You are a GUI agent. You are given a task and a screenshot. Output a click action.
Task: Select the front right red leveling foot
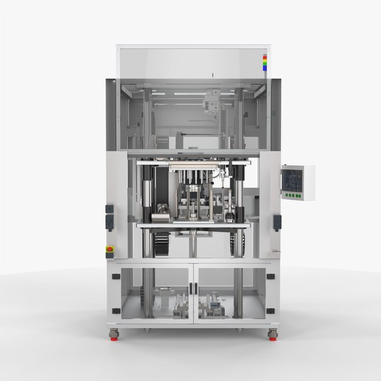pos(273,335)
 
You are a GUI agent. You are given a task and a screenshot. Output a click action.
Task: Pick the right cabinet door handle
pos(198,288)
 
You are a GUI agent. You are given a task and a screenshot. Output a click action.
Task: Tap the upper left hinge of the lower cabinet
pos(116,276)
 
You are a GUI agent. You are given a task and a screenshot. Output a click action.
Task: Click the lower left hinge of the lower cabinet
pos(116,311)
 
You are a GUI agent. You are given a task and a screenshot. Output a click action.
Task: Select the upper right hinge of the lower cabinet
pos(271,276)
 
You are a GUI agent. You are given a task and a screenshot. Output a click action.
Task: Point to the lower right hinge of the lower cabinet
pos(271,311)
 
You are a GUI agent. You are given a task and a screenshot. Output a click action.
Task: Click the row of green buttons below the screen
pos(293,196)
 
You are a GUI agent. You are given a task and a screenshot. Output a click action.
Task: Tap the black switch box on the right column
pos(276,222)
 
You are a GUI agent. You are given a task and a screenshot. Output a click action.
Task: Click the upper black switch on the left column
pos(109,209)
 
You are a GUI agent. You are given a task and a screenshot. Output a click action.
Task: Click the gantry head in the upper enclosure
pos(212,102)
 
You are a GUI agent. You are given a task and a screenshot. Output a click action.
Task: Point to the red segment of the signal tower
pos(265,57)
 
